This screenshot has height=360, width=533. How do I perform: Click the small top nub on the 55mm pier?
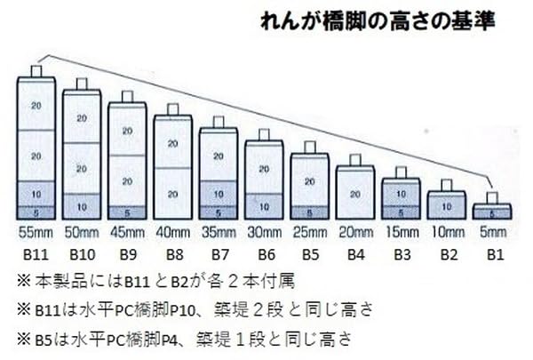click(x=36, y=70)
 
